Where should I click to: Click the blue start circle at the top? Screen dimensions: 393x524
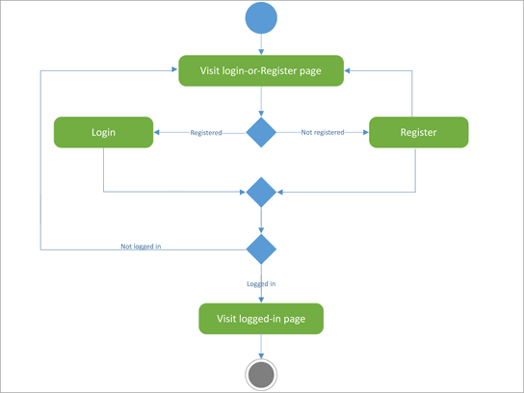[x=261, y=19]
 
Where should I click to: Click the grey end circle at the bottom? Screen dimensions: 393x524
[x=261, y=374]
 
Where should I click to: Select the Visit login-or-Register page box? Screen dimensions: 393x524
[x=262, y=71]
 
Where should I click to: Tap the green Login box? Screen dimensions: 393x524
[x=103, y=132]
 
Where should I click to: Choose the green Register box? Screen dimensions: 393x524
[x=418, y=132]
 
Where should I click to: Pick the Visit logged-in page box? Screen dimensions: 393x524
[x=260, y=318]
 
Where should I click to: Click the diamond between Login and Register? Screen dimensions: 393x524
[x=261, y=132]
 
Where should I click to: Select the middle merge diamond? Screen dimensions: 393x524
[x=261, y=192]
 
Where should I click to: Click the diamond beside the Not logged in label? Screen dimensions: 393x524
[x=261, y=249]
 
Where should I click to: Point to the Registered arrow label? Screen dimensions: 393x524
[x=206, y=133]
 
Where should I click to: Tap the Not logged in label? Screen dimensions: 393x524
[x=141, y=248]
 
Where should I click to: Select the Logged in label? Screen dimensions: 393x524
[x=261, y=284]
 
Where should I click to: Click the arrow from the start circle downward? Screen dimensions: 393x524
[x=261, y=45]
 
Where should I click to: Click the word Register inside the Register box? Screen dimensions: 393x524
[x=418, y=132]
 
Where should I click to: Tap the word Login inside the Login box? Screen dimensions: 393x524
[x=103, y=132]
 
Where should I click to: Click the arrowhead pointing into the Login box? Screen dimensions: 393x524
[x=157, y=132]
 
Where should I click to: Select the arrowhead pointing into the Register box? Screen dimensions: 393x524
[x=365, y=132]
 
